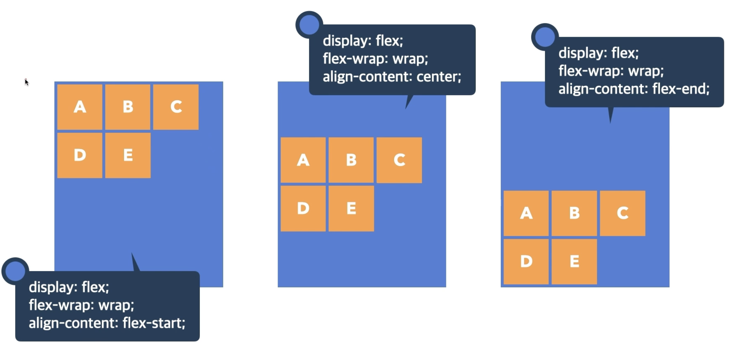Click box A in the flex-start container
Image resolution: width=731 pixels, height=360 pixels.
coord(80,107)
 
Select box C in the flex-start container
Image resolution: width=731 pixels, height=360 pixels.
coord(176,107)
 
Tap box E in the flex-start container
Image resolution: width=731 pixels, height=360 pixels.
coord(128,155)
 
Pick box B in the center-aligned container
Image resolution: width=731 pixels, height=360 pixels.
coord(351,160)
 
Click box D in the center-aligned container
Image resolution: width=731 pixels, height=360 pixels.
coord(303,209)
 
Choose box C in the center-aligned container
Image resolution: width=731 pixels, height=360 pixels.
coord(399,160)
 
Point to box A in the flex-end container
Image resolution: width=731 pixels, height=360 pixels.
coord(526,213)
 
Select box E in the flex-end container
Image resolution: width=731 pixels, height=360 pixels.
coord(574,262)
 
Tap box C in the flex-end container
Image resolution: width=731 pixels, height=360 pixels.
coord(623,213)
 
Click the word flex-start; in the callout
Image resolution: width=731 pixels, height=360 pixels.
coord(154,323)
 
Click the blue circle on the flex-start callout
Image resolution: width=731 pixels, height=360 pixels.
coord(15,271)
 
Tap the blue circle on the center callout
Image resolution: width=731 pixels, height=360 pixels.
coord(309,25)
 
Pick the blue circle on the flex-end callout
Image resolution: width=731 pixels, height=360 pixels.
coord(545,37)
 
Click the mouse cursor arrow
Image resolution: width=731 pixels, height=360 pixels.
coord(26,82)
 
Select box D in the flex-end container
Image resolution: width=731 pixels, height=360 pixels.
coord(526,262)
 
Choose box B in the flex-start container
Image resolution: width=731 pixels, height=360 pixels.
coord(128,107)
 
